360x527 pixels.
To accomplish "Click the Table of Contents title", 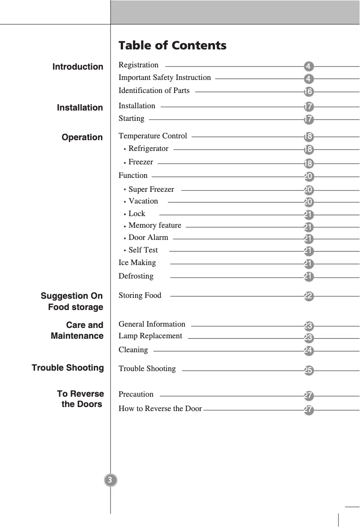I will click(x=172, y=45).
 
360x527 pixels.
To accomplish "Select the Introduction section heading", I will click(x=78, y=67).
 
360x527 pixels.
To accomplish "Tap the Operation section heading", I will click(x=82, y=137).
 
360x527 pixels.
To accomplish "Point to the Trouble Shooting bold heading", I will click(x=68, y=368).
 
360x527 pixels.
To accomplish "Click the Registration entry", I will click(x=138, y=65).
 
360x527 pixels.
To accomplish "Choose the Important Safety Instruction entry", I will click(x=164, y=78).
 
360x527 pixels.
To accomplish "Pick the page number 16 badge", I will click(x=308, y=92).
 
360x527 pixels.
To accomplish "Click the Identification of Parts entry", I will click(x=154, y=91).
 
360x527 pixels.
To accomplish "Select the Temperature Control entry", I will click(x=153, y=136).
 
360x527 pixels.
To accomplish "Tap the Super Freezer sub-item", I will click(x=151, y=189).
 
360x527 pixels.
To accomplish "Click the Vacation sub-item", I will click(x=143, y=201).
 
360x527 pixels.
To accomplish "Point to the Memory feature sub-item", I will click(x=155, y=226).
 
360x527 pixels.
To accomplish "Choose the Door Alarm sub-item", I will click(x=148, y=238).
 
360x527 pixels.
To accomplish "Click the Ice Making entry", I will click(x=137, y=263).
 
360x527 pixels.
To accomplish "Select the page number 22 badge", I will click(x=308, y=296).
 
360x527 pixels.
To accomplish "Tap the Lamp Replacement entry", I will click(x=150, y=336).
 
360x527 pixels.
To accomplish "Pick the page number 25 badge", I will click(x=308, y=371).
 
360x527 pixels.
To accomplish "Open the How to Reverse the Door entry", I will click(x=160, y=409).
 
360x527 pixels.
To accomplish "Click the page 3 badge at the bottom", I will click(x=110, y=480).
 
